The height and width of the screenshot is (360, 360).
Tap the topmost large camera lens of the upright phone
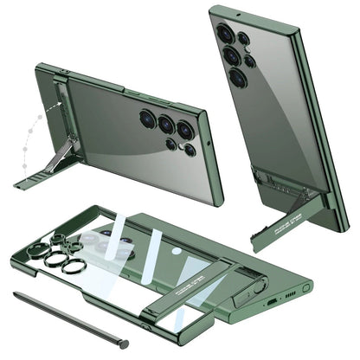click(x=227, y=35)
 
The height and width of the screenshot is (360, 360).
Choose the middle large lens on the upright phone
click(x=233, y=56)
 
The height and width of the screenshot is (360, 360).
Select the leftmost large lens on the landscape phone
click(x=147, y=119)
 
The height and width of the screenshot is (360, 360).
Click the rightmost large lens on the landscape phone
click(x=184, y=130)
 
